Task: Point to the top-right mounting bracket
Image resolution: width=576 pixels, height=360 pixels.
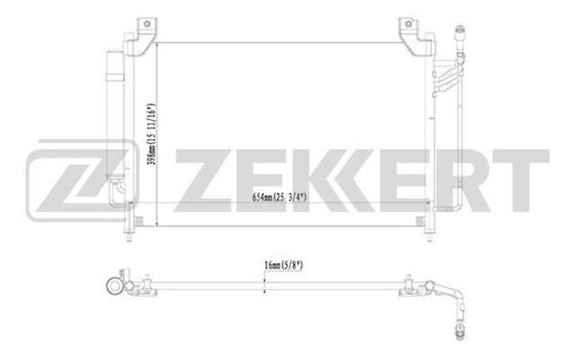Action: click(x=415, y=33)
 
